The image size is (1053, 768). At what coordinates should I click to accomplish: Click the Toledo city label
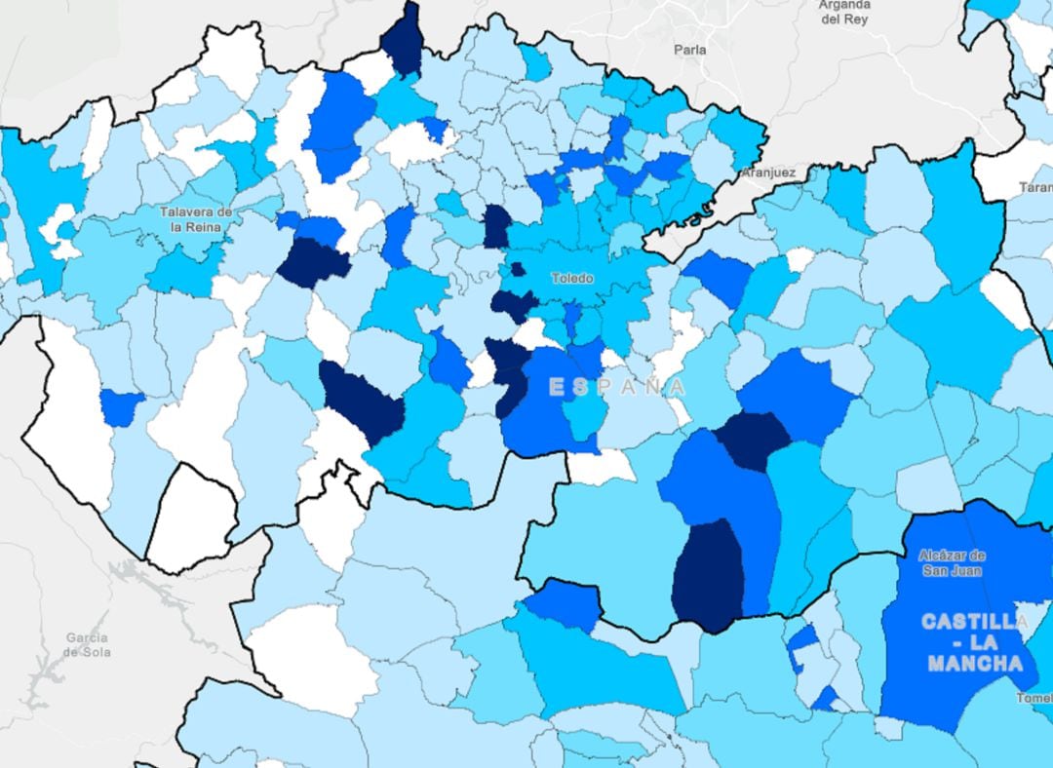click(571, 278)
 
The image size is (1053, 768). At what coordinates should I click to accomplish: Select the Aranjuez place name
click(768, 173)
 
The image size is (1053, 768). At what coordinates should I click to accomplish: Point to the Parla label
click(689, 49)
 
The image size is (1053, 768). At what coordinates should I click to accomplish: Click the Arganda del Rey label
click(844, 11)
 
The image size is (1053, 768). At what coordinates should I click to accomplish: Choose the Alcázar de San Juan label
click(952, 562)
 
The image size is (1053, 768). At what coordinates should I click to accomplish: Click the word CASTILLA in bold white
click(974, 621)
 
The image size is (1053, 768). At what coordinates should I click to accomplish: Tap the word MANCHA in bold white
click(975, 664)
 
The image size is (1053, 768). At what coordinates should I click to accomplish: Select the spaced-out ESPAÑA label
click(616, 387)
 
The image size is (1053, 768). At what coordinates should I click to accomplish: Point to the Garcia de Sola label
click(88, 645)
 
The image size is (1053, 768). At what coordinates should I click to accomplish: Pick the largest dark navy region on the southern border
click(708, 575)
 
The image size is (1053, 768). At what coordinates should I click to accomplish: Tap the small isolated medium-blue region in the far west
click(121, 406)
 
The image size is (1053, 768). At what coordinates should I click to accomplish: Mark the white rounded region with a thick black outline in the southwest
click(192, 517)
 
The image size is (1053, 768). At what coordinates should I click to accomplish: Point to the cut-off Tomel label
click(1034, 698)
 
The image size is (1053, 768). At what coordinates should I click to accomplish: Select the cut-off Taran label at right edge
click(1035, 186)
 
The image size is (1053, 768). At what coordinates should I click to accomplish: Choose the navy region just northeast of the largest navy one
click(752, 439)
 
